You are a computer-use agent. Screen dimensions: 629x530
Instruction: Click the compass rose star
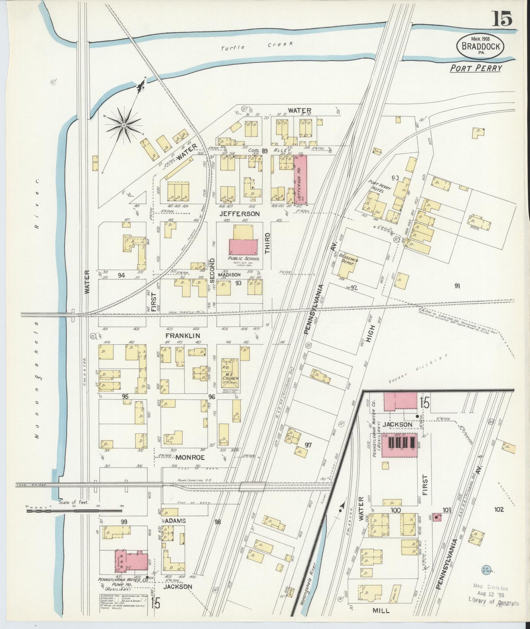point(124,126)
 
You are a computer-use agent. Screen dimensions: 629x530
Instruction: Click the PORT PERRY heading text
point(476,68)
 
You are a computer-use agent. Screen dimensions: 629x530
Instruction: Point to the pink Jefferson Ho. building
point(300,179)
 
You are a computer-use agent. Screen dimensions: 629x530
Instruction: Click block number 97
point(308,445)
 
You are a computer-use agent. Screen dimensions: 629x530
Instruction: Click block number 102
point(499,509)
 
